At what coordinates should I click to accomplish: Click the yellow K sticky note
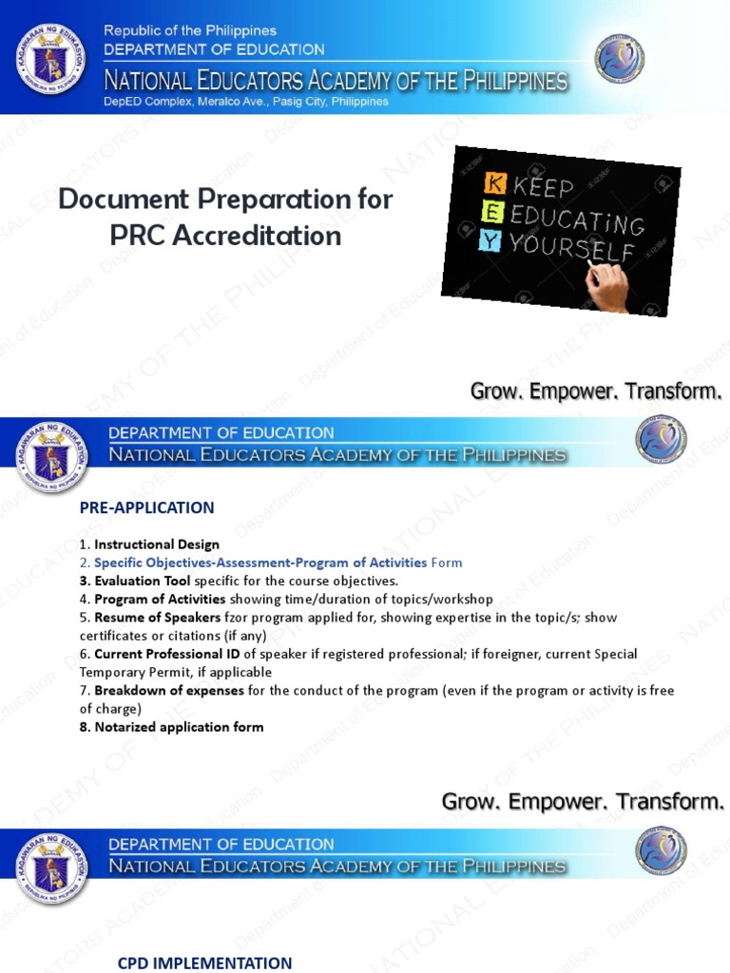pyautogui.click(x=494, y=182)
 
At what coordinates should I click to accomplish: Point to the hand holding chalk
pyautogui.click(x=608, y=286)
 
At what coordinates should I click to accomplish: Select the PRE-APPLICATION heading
pyautogui.click(x=146, y=507)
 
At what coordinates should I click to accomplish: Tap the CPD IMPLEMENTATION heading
pyautogui.click(x=204, y=963)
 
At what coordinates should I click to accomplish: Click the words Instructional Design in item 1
pyautogui.click(x=156, y=544)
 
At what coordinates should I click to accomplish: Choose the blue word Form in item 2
pyautogui.click(x=447, y=563)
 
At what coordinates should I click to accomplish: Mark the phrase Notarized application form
pyautogui.click(x=179, y=727)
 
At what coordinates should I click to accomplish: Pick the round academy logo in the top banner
pyautogui.click(x=619, y=59)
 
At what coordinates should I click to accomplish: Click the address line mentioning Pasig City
pyautogui.click(x=246, y=102)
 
